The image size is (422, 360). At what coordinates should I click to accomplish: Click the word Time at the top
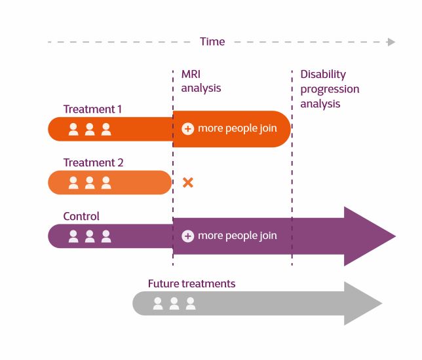212,42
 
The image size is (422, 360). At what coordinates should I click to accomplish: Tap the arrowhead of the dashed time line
391,42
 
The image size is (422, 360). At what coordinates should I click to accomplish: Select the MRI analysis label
201,81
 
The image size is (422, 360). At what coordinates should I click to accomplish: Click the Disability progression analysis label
330,88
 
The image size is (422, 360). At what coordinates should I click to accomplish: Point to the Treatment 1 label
92,109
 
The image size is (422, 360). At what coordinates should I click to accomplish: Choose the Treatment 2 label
93,162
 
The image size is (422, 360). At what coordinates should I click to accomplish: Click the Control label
81,216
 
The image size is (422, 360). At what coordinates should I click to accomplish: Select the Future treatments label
191,283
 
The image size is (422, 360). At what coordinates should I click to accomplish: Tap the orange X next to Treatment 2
187,183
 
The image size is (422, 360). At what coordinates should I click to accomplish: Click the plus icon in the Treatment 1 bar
187,129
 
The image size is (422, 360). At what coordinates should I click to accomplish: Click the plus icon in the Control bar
187,236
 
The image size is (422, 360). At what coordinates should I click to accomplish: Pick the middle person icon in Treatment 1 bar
90,130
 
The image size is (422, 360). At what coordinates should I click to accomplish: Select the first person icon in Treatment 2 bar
73,183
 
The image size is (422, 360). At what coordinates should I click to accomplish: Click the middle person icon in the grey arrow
174,304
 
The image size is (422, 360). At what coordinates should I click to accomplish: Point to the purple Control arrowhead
370,236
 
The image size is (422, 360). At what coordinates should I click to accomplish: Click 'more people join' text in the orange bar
237,129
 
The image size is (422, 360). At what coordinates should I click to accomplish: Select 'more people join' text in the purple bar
237,236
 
